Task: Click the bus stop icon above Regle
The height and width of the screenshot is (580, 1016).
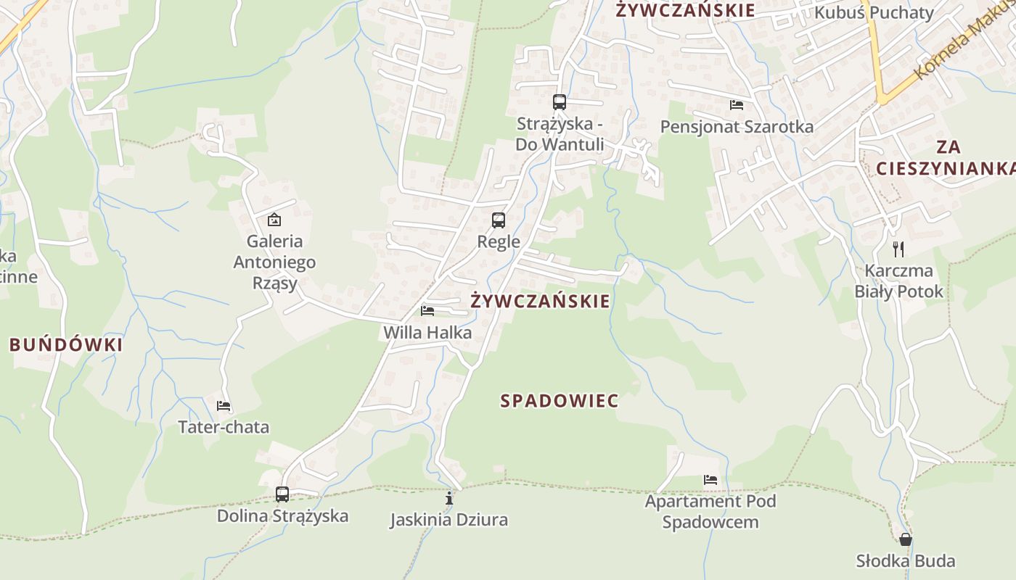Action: pos(499,220)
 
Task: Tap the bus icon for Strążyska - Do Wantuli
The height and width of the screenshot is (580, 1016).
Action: pos(559,101)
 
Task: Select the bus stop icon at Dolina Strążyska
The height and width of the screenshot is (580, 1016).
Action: pos(282,494)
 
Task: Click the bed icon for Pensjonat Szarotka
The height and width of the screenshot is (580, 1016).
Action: pos(737,105)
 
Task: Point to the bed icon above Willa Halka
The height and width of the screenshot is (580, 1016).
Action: pos(427,311)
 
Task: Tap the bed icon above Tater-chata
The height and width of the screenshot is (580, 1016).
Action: pos(224,405)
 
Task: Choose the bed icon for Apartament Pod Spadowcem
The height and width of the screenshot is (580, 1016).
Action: pos(710,479)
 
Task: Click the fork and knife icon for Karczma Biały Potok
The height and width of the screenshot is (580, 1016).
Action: pos(898,249)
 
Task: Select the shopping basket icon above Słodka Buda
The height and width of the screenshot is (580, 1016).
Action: pos(905,539)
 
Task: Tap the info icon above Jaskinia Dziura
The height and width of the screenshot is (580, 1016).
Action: pos(449,498)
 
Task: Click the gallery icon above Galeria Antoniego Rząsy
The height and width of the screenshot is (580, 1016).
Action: pos(274,219)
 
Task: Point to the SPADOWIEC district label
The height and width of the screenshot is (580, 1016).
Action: pos(560,401)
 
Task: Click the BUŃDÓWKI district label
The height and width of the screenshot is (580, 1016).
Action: pos(66,345)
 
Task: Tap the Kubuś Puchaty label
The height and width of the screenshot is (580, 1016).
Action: pos(874,12)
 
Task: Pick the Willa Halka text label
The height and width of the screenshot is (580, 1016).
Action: pos(427,333)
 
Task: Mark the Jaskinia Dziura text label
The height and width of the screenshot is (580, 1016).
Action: pos(448,520)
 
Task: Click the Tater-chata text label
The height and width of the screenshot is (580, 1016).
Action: pos(224,427)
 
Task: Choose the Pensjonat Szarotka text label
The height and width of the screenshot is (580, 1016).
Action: pos(737,127)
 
